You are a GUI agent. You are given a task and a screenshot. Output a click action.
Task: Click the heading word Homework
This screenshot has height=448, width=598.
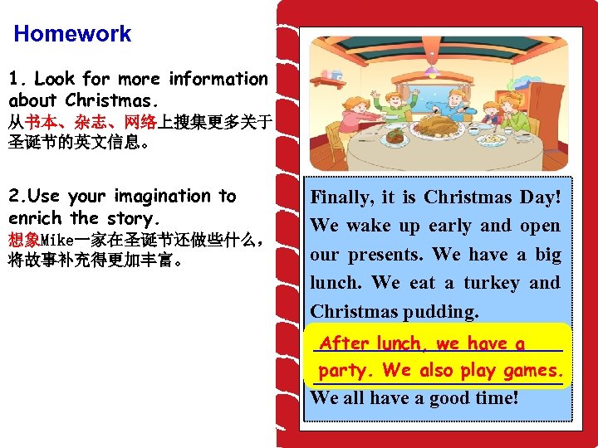click(x=72, y=34)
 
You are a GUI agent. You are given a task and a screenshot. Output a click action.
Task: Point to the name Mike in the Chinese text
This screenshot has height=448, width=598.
click(x=58, y=241)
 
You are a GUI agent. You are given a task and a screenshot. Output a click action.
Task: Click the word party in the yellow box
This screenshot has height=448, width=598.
click(x=347, y=370)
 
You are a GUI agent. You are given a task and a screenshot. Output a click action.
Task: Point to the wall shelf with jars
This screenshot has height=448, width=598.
click(x=329, y=80)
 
